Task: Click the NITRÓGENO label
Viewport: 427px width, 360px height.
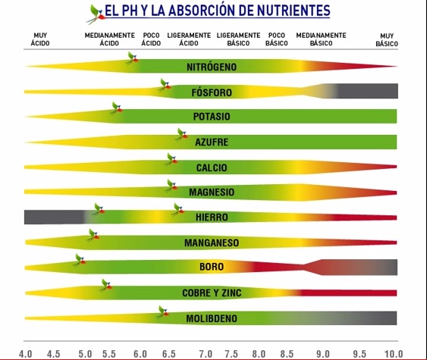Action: (212, 67)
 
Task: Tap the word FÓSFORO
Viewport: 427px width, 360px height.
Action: (212, 92)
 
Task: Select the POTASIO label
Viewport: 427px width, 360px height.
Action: (212, 117)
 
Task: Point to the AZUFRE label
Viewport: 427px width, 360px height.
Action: (212, 142)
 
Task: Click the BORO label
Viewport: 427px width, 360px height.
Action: (212, 267)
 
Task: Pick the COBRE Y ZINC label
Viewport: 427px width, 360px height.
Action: (212, 293)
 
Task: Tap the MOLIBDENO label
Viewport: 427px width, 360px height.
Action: (212, 318)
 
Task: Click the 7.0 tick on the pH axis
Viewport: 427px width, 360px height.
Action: (206, 354)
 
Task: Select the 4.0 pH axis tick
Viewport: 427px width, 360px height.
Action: (26, 354)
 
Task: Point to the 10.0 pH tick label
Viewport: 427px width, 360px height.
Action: (394, 354)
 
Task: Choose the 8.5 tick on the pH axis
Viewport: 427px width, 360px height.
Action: (287, 354)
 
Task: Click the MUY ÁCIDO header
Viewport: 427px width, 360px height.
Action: (40, 39)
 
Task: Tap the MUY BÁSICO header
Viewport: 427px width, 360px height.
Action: (387, 39)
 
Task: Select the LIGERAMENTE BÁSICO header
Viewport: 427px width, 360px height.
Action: (239, 39)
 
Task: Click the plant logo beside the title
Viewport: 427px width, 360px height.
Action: (96, 14)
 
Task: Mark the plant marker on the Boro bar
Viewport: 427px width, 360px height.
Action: (80, 260)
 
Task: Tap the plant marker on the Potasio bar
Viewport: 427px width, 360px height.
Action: (117, 108)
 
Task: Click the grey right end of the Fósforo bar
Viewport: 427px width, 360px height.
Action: (368, 91)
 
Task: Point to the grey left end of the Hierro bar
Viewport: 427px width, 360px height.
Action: (55, 218)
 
